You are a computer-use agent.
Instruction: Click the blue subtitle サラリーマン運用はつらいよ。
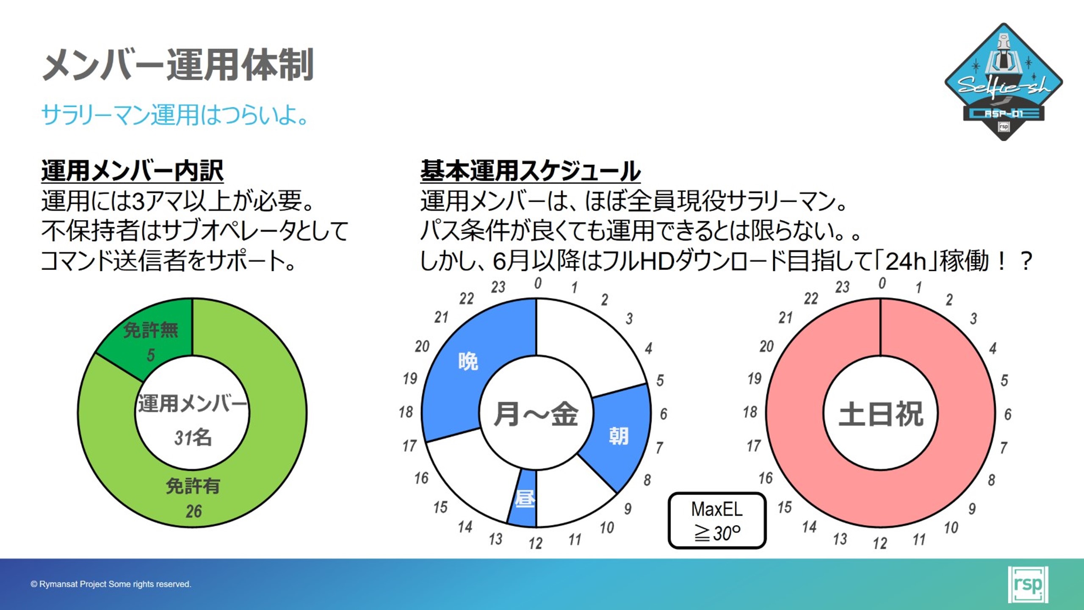point(175,114)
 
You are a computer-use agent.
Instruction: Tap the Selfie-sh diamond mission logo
point(1004,81)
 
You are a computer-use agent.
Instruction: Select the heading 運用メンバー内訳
point(132,171)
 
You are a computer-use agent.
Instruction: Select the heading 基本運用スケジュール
point(530,171)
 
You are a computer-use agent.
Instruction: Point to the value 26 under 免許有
point(194,511)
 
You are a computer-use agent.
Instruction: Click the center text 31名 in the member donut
point(193,438)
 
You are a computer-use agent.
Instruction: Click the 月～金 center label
point(536,414)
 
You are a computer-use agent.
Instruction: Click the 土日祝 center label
point(881,414)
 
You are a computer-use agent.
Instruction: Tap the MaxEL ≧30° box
point(717,521)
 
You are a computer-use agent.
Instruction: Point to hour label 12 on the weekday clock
point(536,543)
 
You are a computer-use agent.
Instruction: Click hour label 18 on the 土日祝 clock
point(750,412)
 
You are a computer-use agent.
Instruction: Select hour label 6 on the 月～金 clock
point(664,414)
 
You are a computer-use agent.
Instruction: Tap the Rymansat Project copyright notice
point(111,584)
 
